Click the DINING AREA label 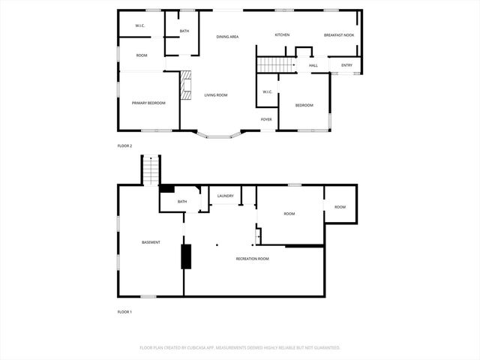coord(227,36)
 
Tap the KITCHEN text coord(282,35)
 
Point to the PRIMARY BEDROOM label coord(148,103)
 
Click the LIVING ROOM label coord(216,95)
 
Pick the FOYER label coord(266,119)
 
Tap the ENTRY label coord(346,65)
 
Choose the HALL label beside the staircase coord(313,65)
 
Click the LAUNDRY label coord(225,196)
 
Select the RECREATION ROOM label coord(252,259)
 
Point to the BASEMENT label coord(151,242)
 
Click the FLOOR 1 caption coord(124,311)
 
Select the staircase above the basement coord(151,172)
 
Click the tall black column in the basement coord(186,256)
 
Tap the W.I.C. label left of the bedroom coord(267,92)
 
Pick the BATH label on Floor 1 coord(182,202)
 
